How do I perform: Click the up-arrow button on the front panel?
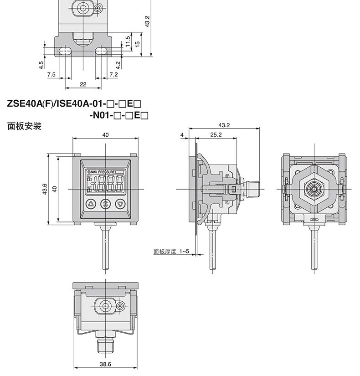[91, 204]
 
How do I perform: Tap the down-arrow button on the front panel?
[120, 204]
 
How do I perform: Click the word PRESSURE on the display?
[107, 172]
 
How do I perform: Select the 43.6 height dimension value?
[45, 189]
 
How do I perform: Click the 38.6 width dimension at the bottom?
[105, 364]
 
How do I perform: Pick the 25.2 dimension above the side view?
[216, 135]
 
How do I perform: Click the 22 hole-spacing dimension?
[83, 84]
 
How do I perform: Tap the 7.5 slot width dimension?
[51, 74]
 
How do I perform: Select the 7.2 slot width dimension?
[113, 74]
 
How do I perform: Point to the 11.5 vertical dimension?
[128, 41]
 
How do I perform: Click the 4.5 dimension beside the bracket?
[41, 65]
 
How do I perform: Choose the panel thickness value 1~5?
[184, 251]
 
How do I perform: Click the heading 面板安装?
[25, 126]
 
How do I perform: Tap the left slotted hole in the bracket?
[65, 51]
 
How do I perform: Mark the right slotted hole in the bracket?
[101, 51]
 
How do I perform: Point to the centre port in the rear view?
[314, 189]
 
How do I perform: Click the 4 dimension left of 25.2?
[182, 135]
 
